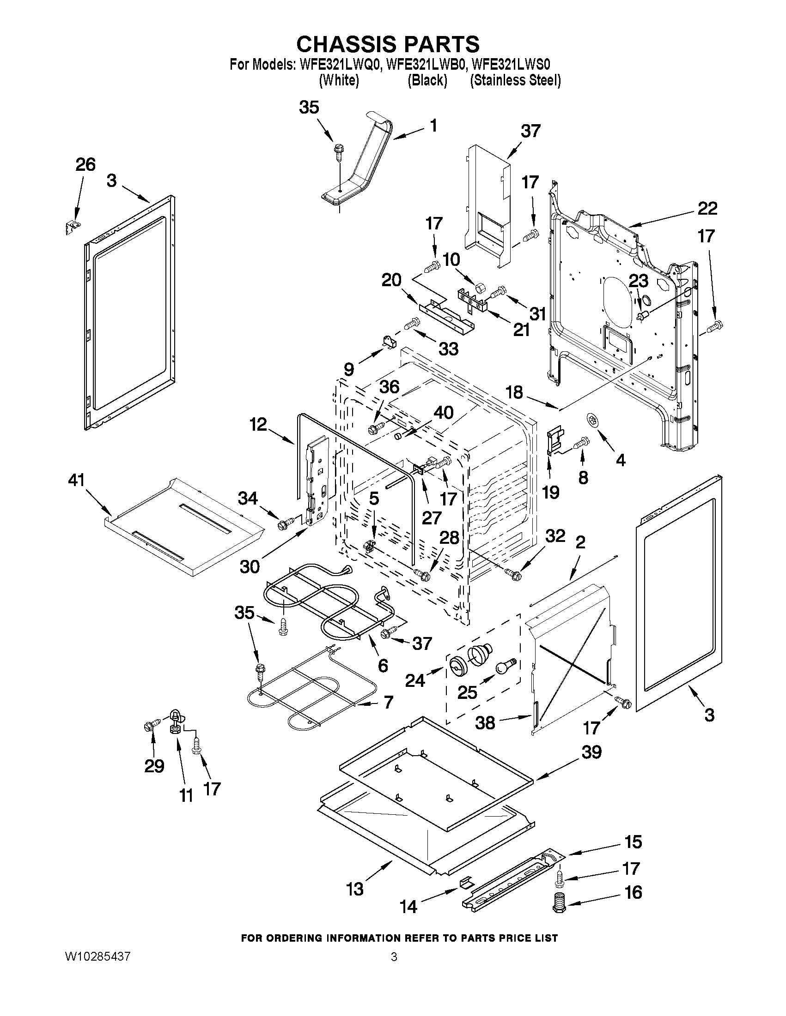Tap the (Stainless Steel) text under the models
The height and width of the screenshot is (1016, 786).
coord(515,80)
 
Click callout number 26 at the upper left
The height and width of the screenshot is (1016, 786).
coord(85,165)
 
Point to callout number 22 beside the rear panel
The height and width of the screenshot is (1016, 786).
coord(707,208)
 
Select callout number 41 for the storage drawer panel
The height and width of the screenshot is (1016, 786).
coord(76,480)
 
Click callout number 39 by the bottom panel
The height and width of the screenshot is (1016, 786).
coord(591,752)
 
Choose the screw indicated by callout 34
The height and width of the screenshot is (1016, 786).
coord(284,524)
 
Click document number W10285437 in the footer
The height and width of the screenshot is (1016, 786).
coord(98,956)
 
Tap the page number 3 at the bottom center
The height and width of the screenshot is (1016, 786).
coord(394,957)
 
